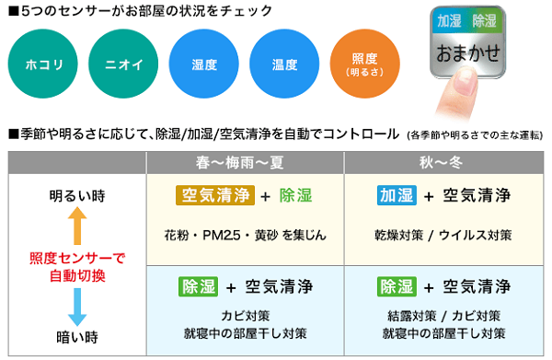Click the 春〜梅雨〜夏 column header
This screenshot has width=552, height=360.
tap(244, 161)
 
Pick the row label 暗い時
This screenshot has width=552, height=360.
tap(76, 337)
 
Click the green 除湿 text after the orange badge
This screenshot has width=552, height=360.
tap(296, 195)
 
